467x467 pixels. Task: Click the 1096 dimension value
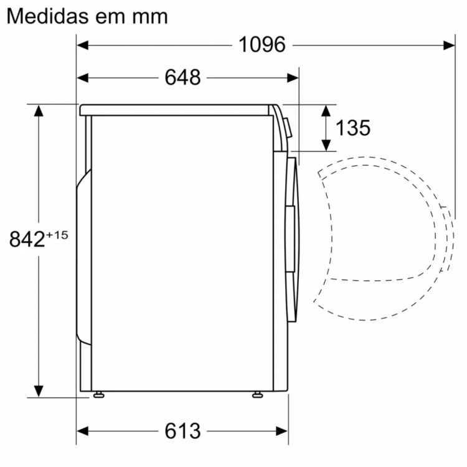tap(262, 45)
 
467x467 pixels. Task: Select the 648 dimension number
tap(182, 77)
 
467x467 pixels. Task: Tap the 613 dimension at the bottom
tap(182, 431)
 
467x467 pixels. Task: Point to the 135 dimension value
tap(353, 128)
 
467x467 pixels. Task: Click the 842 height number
tap(27, 239)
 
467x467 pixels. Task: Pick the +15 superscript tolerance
tap(57, 235)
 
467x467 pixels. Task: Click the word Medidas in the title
tap(48, 16)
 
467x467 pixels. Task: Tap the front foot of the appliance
tap(257, 395)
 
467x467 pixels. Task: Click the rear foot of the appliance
tap(98, 395)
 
